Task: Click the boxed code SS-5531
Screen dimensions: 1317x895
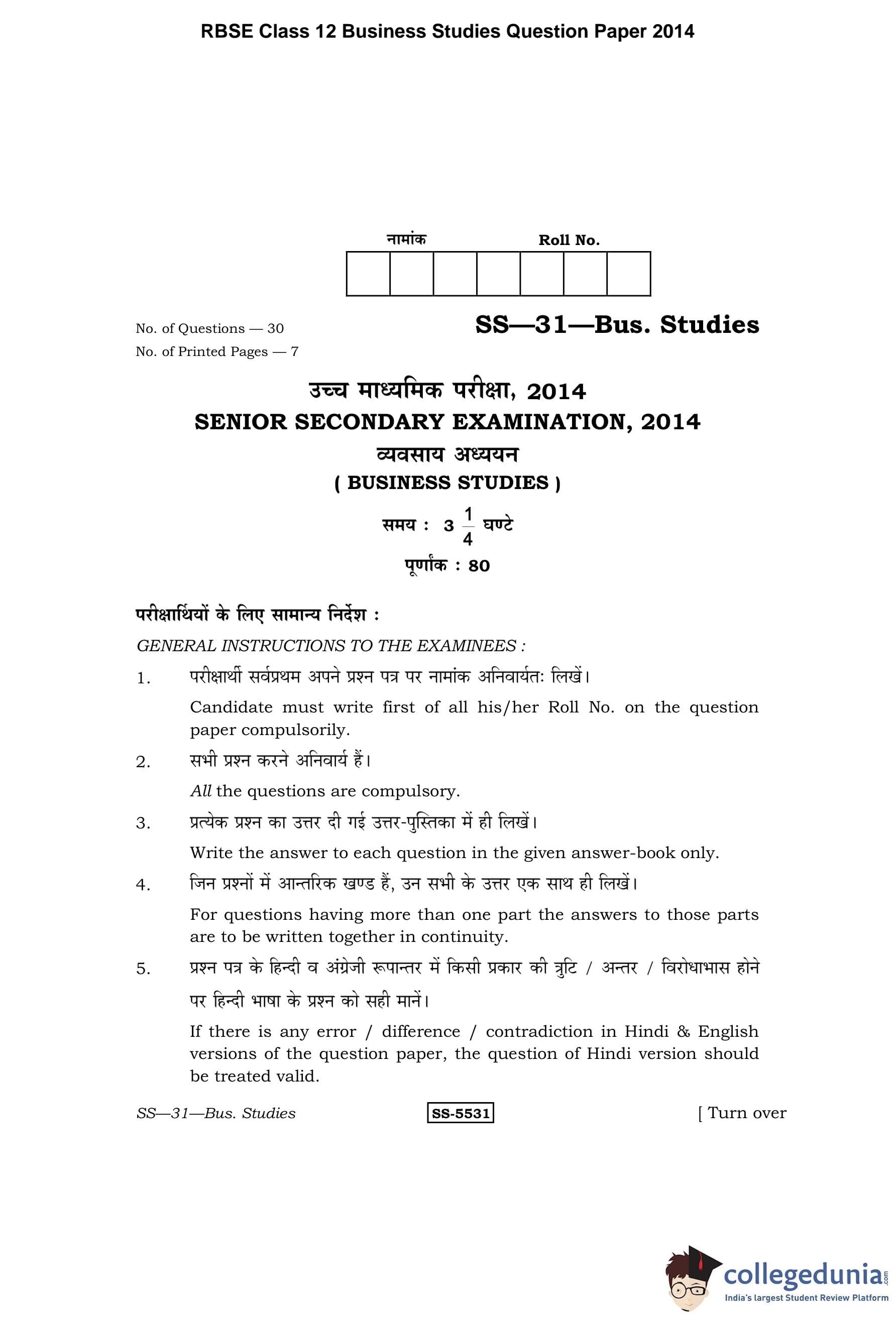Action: point(460,1113)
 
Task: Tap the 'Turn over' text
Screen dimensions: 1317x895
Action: point(746,1113)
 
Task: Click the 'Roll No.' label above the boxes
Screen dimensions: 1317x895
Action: point(569,241)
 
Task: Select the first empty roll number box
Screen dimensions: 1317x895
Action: point(368,274)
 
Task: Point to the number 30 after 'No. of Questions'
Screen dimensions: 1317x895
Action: point(275,329)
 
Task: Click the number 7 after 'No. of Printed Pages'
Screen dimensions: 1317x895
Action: point(294,352)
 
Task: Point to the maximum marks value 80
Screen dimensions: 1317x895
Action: point(479,566)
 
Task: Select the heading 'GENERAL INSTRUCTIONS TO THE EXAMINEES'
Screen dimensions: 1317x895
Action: point(331,646)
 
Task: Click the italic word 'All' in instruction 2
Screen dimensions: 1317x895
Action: point(201,791)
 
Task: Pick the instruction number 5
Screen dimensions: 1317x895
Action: point(144,969)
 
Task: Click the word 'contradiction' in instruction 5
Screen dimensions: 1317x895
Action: point(538,1031)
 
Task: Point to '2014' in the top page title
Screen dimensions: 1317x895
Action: point(673,31)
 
